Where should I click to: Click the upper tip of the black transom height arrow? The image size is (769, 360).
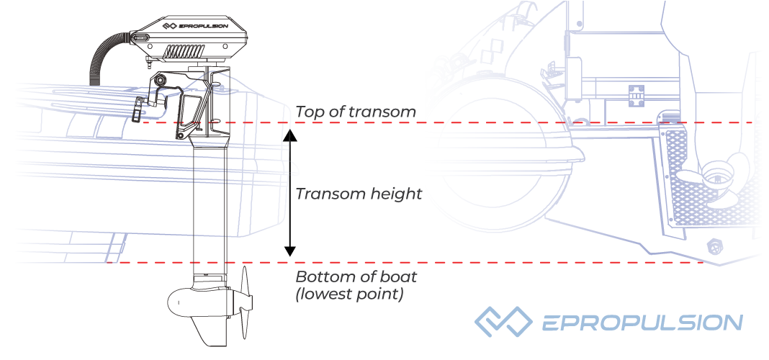click(x=290, y=130)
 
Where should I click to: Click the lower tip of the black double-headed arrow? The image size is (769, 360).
click(x=290, y=256)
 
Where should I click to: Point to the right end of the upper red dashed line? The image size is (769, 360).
click(x=753, y=122)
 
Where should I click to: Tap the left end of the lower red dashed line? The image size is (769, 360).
click(x=107, y=263)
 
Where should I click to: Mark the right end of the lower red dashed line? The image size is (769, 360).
click(x=704, y=263)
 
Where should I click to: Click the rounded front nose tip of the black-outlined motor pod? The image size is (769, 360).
click(x=168, y=300)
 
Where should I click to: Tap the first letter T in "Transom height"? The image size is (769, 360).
click(x=301, y=194)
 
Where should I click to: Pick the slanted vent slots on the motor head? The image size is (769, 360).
click(x=183, y=51)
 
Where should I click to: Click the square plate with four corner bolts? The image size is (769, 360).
click(x=636, y=96)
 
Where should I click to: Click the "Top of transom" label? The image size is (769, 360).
click(x=356, y=112)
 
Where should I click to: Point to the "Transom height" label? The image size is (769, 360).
click(x=359, y=194)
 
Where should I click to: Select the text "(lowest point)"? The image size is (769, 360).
click(x=348, y=294)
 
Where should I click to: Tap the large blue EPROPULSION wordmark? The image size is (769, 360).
click(x=642, y=323)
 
